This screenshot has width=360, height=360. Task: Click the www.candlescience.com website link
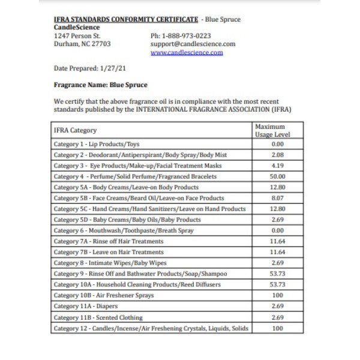[x=187, y=52]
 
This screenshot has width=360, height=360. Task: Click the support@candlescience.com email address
[x=193, y=44]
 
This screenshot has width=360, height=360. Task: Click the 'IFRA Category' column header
[x=75, y=130]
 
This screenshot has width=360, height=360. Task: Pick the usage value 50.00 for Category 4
[x=277, y=177]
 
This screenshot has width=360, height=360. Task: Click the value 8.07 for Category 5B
[x=277, y=199]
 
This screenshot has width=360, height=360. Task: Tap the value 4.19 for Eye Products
[x=277, y=166]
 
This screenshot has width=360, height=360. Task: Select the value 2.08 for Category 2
[x=277, y=155]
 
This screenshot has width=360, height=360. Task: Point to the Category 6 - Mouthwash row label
[x=124, y=231]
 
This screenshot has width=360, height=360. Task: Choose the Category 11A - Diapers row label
[x=86, y=307]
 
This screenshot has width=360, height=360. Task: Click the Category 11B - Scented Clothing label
[x=98, y=317]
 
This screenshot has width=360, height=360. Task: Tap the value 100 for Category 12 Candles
[x=277, y=328]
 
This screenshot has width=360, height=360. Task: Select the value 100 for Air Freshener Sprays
[x=277, y=296]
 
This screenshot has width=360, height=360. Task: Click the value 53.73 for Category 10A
[x=277, y=285]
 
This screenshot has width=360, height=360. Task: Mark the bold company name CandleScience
[x=77, y=27]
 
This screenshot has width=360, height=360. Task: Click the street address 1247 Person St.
[x=77, y=35]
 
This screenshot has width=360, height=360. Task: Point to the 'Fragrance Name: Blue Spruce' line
[x=100, y=85]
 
